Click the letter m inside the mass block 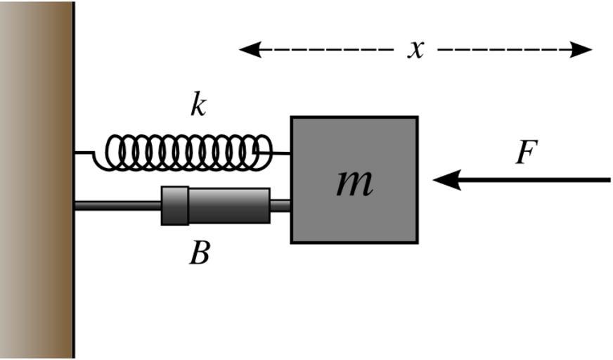click(x=354, y=182)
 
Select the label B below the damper click(x=199, y=253)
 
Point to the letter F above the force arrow click(x=526, y=152)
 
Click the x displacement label click(x=416, y=49)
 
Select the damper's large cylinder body click(x=228, y=205)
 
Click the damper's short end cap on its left click(x=174, y=205)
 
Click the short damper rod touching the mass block click(x=280, y=205)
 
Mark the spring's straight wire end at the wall click(x=84, y=152)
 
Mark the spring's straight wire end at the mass click(x=280, y=152)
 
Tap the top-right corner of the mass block click(x=417, y=117)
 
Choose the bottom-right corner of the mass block click(x=417, y=243)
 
